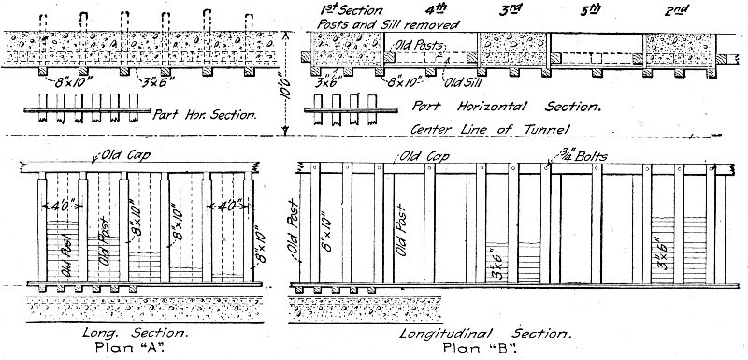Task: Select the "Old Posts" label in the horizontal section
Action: coord(418,44)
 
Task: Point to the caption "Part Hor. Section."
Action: coord(204,114)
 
